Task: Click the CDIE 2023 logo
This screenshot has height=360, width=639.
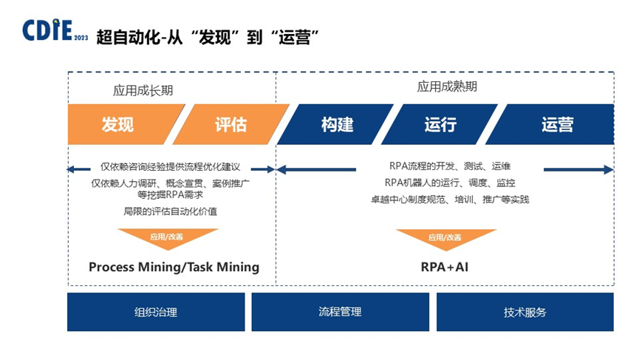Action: click(55, 31)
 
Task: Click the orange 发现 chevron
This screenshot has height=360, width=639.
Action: click(118, 124)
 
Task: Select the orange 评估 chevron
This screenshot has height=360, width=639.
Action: click(229, 124)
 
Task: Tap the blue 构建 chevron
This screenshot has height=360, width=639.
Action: click(337, 124)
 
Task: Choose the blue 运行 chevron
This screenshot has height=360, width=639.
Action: click(440, 124)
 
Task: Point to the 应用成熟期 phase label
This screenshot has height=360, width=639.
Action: click(447, 86)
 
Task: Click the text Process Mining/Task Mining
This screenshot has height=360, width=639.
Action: click(174, 267)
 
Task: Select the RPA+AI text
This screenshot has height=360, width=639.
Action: click(444, 267)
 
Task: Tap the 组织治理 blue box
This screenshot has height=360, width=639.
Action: click(155, 312)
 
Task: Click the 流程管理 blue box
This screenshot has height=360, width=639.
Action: click(340, 312)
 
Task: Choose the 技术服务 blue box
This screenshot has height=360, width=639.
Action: click(524, 312)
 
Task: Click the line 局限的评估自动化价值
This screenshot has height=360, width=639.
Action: click(170, 211)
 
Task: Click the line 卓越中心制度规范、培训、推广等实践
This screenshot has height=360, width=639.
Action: click(450, 199)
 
